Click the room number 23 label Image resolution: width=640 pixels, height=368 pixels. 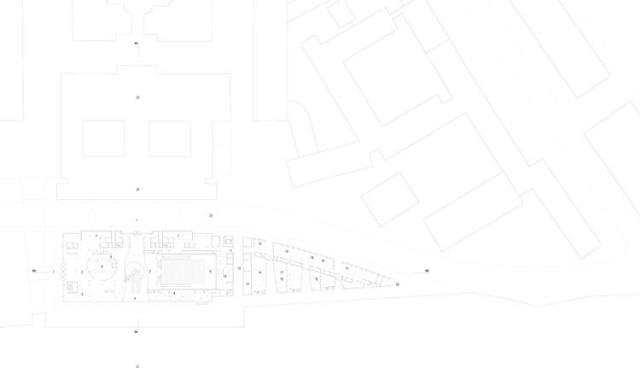pos(137,97)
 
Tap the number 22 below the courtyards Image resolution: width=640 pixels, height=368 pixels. pos(137,189)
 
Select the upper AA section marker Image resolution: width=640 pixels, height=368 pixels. pos(136,43)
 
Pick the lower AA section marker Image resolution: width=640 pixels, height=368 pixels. pos(136,330)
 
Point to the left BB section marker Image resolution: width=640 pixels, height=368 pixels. pos(34,272)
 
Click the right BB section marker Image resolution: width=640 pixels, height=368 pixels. pos(427,272)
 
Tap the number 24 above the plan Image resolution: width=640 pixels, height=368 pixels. pos(211,215)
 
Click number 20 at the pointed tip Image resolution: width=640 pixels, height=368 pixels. pos(397,284)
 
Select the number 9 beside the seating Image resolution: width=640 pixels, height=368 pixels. pos(210,272)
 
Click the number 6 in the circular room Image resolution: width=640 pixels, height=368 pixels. pos(102,267)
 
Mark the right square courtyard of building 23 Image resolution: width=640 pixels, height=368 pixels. pos(169,137)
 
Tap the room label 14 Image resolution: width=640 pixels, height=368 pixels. pos(259,272)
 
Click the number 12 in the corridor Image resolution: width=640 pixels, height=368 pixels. pos(240,268)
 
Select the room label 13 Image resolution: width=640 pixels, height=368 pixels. pos(247,283)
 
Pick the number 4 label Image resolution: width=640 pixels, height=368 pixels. pos(135,299)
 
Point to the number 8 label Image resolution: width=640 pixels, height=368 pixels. pos(174,294)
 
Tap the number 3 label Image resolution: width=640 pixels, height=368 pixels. pos(82,295)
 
